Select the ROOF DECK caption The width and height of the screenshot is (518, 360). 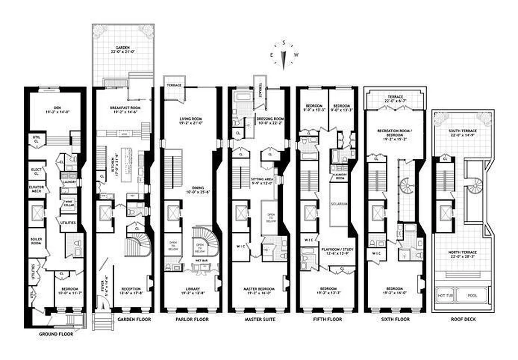[463, 319]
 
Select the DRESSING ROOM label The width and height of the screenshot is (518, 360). [270, 119]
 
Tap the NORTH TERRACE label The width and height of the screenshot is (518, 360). [463, 254]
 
